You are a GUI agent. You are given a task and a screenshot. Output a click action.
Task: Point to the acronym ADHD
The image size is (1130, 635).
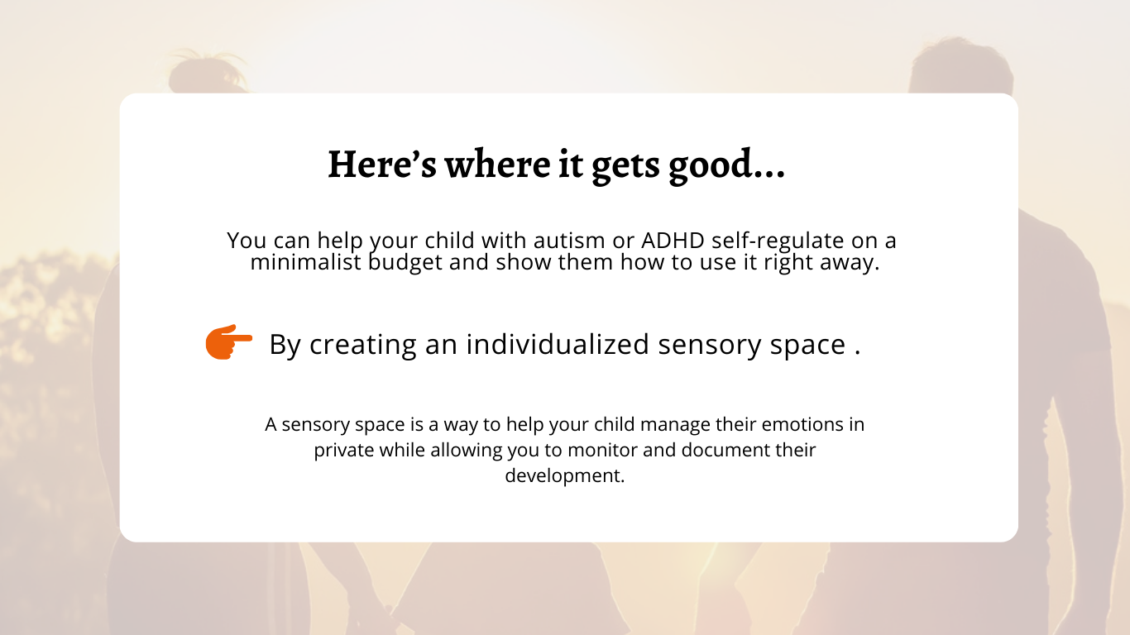pos(673,241)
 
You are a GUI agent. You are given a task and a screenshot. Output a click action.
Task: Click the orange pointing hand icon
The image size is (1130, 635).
pos(228,342)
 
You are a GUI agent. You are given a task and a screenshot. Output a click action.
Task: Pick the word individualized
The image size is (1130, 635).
pos(558,344)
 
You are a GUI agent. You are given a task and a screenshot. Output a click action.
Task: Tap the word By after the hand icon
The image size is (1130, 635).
pos(285,345)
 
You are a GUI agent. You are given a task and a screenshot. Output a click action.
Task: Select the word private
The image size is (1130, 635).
pos(344,451)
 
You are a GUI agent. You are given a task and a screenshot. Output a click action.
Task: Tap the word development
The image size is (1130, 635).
pos(565,477)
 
